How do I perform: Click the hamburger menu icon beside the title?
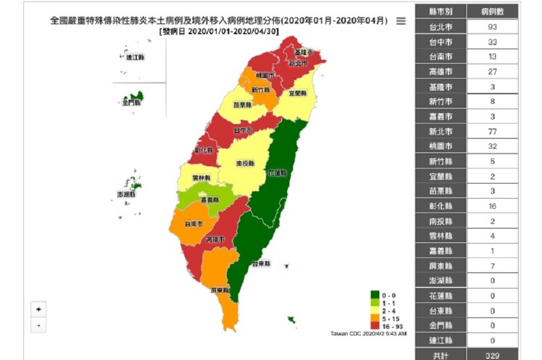(x=401, y=21)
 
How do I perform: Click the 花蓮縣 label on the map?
(x=277, y=173)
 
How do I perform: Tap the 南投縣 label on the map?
(x=245, y=163)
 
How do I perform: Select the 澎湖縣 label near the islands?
(x=126, y=194)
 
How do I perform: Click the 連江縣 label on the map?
(x=135, y=57)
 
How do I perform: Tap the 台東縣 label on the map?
(x=261, y=263)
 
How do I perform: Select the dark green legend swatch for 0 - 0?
(x=375, y=295)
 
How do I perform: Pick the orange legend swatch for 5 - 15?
(x=375, y=317)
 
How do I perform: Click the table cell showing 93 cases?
(x=492, y=27)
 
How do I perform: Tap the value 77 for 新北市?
(x=492, y=131)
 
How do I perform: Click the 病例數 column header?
(x=492, y=12)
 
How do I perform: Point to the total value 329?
(x=492, y=355)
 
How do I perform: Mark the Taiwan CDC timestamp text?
(x=368, y=334)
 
